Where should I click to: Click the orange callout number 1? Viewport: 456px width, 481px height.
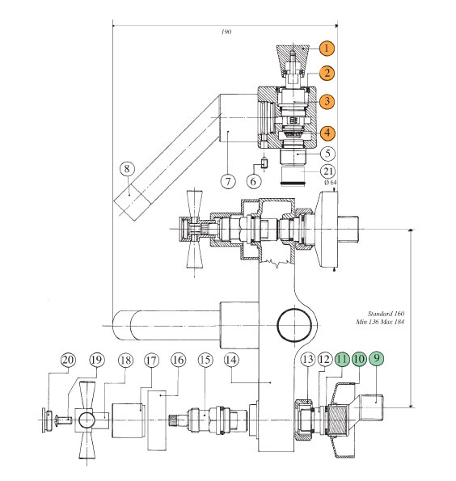pos(327,49)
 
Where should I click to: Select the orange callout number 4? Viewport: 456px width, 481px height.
pos(327,133)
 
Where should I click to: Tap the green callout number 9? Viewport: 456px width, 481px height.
pos(377,358)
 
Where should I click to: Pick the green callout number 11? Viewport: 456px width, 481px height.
pos(342,359)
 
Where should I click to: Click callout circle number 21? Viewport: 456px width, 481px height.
pos(327,171)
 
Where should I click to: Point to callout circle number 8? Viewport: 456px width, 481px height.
pos(127,168)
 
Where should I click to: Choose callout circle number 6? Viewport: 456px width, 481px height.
pos(254,181)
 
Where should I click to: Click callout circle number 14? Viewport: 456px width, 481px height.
pos(231,360)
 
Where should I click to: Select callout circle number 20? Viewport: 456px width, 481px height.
pos(68,360)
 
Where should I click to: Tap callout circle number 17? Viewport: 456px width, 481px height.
pos(151,360)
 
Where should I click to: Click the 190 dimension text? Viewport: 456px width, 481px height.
pos(226,32)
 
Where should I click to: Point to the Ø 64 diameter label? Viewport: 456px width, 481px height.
pos(330,182)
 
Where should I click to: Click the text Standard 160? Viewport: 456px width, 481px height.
pos(386,314)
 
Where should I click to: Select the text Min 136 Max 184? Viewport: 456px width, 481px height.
pos(380,322)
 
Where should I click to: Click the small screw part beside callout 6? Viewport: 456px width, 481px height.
pos(264,162)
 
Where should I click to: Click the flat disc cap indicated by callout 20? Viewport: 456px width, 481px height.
pos(44,420)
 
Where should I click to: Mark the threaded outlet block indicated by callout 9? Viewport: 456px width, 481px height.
pos(372,407)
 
